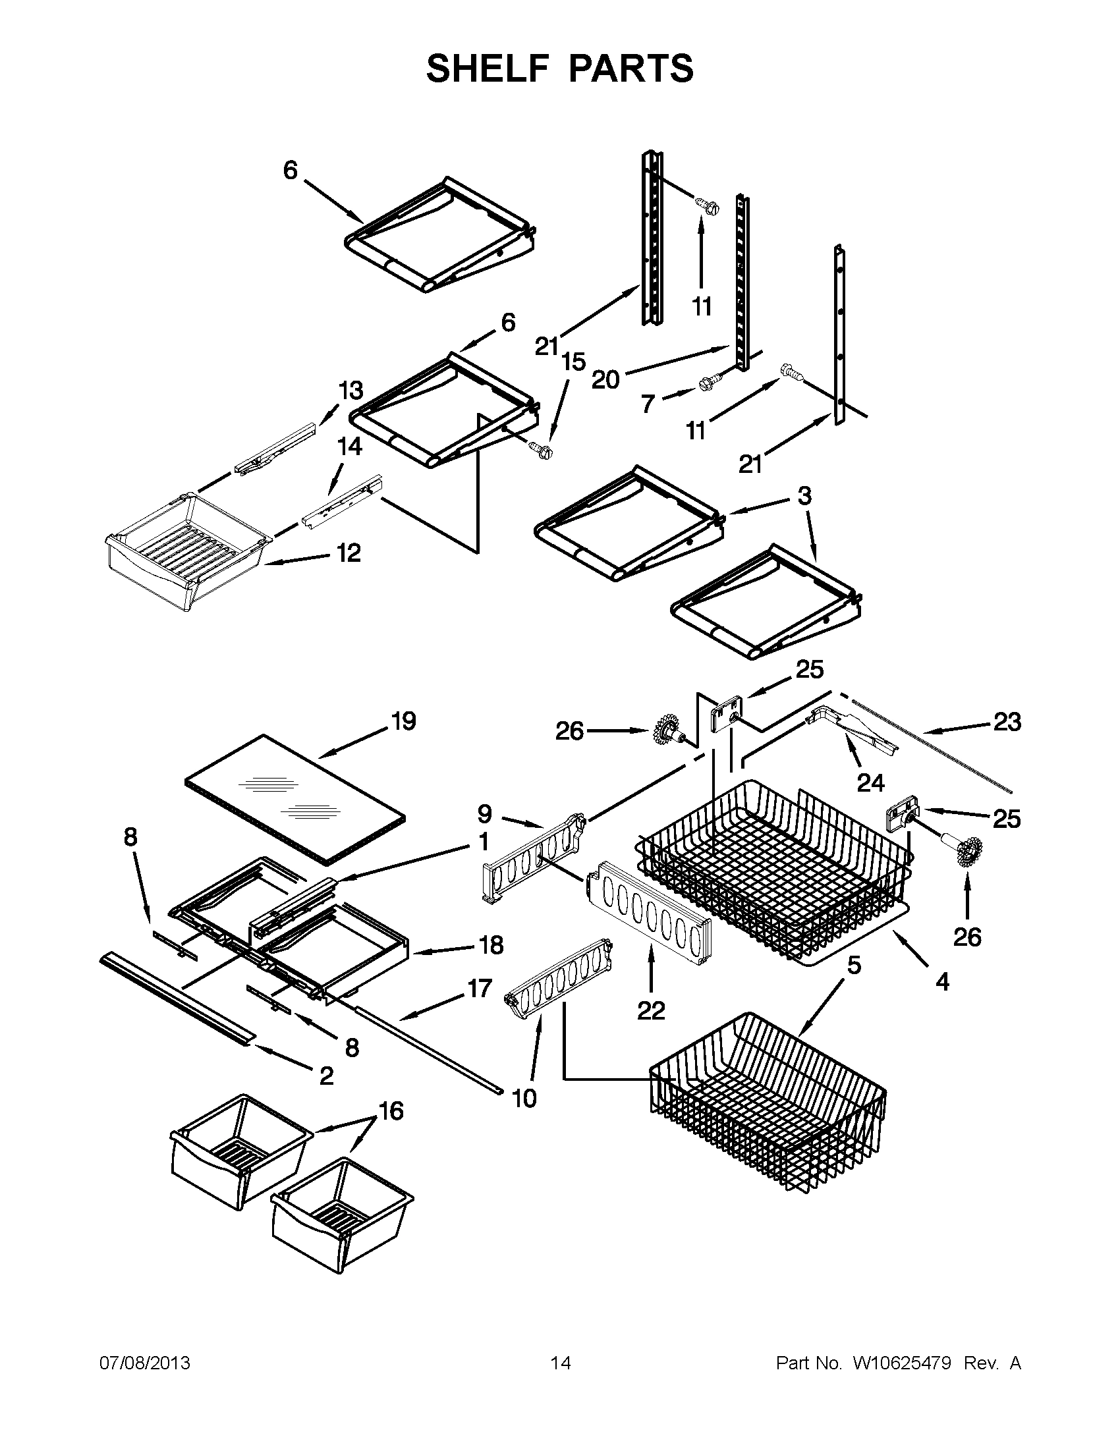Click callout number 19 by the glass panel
403,721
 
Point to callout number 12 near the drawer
349,552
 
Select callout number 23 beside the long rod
1007,721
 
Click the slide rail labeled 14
343,503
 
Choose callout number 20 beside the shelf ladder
605,379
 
